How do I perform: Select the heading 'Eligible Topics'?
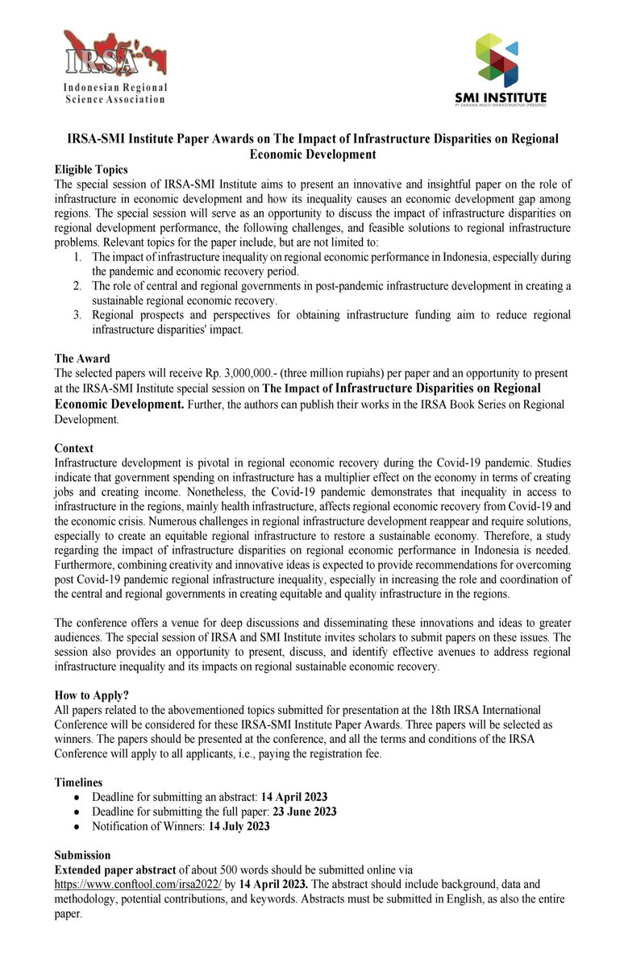tap(91, 169)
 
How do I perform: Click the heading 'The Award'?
tap(82, 358)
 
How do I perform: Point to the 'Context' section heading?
tap(74, 448)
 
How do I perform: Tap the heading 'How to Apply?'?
tap(92, 695)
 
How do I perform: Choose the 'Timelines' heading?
tap(79, 782)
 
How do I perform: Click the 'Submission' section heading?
tap(83, 854)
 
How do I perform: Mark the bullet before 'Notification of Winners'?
tap(76, 826)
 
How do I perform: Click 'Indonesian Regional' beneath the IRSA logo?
tap(115, 87)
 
